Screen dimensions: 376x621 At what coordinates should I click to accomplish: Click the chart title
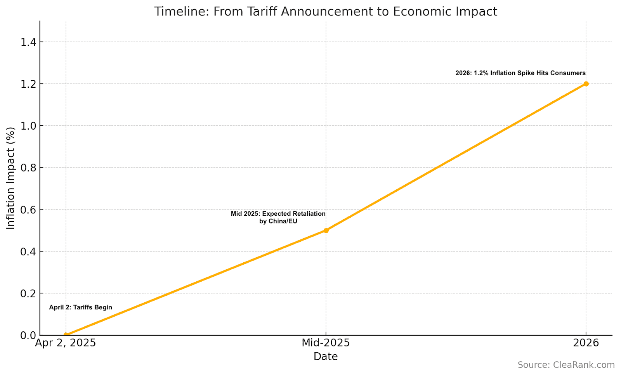tap(325, 11)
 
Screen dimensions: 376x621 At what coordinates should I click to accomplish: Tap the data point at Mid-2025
tap(326, 230)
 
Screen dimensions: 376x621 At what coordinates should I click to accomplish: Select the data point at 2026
tap(586, 84)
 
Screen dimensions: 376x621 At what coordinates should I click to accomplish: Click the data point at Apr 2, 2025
tap(66, 335)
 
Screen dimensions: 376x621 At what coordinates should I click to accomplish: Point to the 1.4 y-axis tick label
tap(28, 42)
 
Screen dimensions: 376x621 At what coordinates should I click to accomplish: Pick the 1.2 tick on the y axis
tap(28, 84)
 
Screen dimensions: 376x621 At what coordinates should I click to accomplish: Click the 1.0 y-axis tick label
tap(28, 126)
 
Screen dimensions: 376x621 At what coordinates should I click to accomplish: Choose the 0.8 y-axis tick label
tap(28, 168)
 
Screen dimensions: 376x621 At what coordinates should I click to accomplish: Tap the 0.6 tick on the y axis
tap(28, 210)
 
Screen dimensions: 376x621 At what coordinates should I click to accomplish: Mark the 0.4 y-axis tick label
tap(28, 251)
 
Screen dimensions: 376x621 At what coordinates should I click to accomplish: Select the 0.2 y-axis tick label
tap(28, 293)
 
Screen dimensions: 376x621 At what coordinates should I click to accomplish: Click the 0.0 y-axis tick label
tap(28, 335)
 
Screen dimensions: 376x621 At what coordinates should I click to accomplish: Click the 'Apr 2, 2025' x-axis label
tap(66, 343)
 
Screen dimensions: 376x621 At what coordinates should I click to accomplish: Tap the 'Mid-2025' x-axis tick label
tap(326, 343)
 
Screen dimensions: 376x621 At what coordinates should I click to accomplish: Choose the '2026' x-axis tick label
tap(586, 343)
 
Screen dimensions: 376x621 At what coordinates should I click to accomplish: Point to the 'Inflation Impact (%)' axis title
tap(11, 178)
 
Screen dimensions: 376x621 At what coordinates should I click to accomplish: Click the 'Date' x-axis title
tap(326, 357)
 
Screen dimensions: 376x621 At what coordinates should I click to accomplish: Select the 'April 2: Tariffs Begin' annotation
tap(80, 307)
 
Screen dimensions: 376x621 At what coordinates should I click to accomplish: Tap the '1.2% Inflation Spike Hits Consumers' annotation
tap(520, 73)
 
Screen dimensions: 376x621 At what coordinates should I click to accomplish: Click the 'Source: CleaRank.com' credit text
tap(566, 365)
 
